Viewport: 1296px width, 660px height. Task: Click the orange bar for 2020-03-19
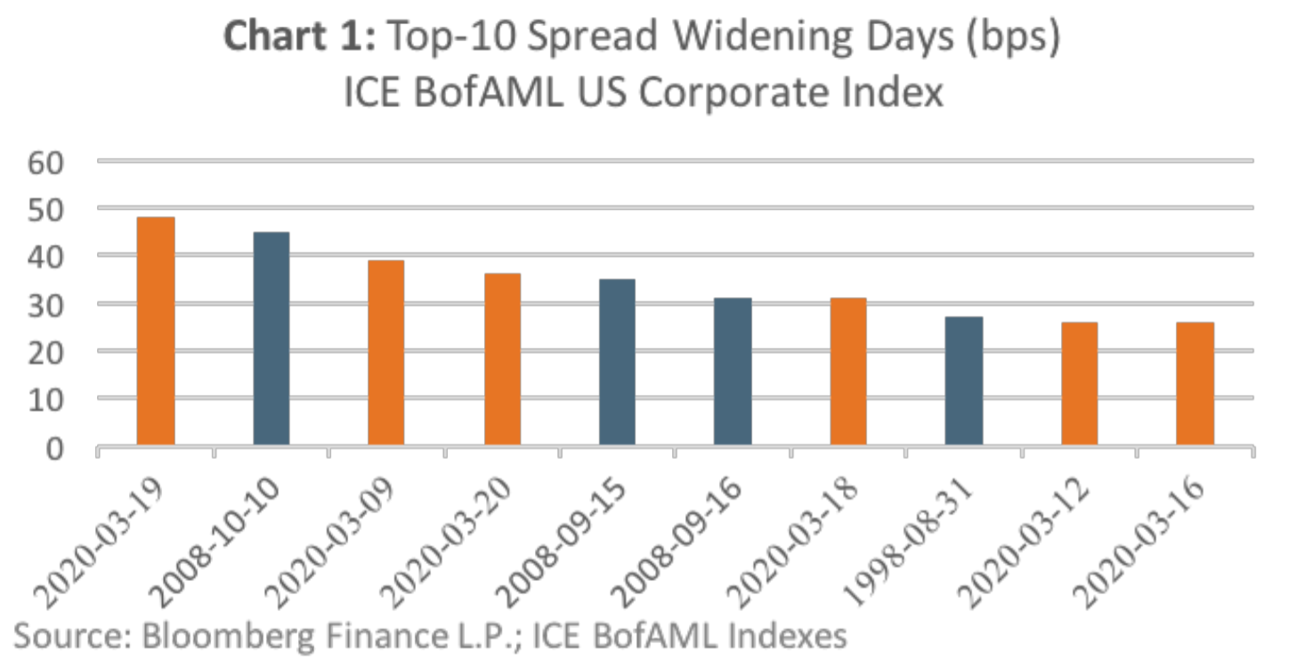tap(155, 331)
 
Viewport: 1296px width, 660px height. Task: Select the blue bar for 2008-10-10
tap(271, 338)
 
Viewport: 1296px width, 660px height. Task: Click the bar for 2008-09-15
tap(617, 362)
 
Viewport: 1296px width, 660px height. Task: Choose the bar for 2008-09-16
tap(733, 371)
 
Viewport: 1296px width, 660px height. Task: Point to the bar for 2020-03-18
tap(848, 371)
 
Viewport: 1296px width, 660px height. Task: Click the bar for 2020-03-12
tap(1079, 383)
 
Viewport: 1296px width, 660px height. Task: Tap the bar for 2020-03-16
tap(1195, 383)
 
